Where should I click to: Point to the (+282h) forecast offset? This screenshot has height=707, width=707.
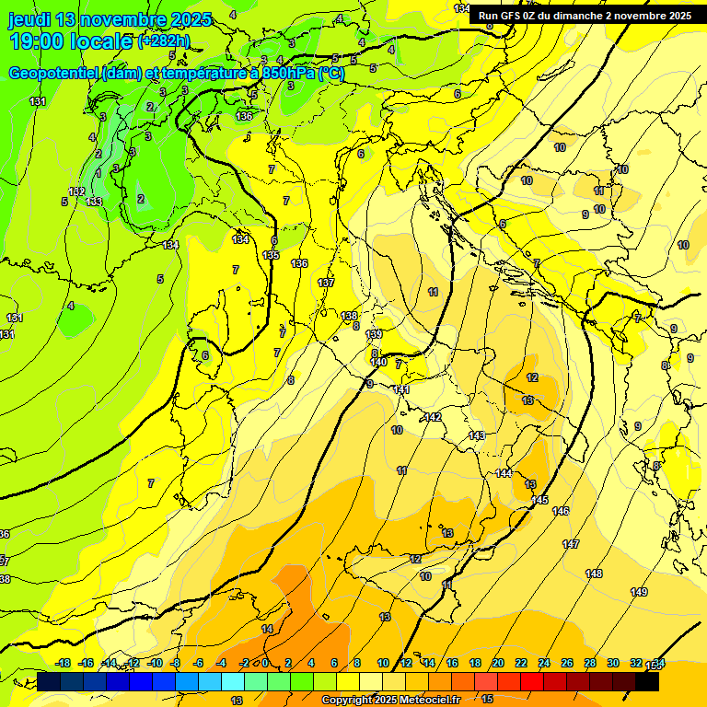(166, 41)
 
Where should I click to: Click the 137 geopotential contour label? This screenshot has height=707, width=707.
(326, 283)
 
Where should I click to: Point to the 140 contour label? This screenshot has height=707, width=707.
(378, 362)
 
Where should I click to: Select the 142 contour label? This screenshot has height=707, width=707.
(433, 417)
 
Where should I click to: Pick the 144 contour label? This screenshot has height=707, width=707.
(503, 473)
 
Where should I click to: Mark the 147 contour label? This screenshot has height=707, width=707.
(571, 544)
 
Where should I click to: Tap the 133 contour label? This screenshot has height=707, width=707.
(94, 201)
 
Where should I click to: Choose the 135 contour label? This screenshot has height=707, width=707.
(271, 255)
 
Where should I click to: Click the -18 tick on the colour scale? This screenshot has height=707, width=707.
(63, 664)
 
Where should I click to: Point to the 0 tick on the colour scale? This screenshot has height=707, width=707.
(265, 664)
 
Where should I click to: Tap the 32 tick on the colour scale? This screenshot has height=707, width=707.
(635, 664)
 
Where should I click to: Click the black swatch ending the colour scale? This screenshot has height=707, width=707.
(647, 681)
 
